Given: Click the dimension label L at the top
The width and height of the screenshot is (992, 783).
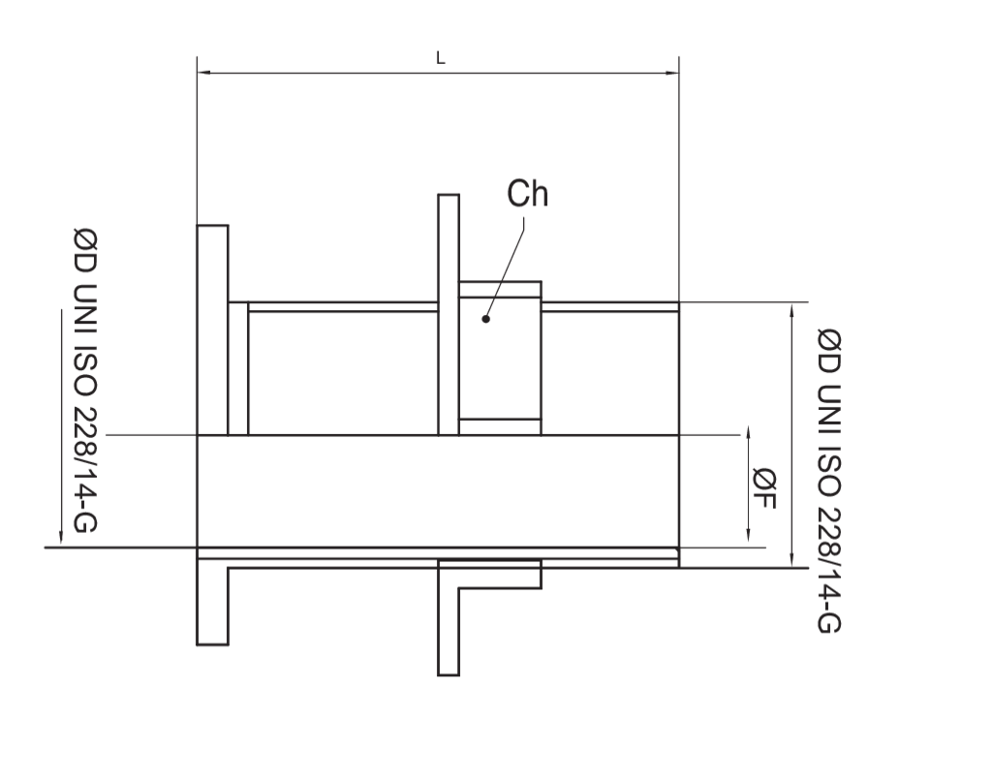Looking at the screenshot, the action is pos(441,59).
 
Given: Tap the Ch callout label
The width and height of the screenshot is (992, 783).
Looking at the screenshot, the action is pos(528,194).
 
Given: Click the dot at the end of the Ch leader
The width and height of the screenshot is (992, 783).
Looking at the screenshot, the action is pos(486,319).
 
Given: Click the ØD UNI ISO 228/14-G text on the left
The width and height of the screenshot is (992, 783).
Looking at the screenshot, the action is pos(85,380).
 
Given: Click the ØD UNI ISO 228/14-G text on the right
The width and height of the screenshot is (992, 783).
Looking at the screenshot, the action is pos(829,481).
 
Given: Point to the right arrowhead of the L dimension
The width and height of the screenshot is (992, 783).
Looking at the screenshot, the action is pos(671,73).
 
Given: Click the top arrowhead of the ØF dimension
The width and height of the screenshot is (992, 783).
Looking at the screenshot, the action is pos(749,433).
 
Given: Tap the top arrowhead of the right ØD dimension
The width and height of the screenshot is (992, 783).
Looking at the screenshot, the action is pos(792,311).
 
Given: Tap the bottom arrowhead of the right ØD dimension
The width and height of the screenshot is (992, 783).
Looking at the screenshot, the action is pos(792,559).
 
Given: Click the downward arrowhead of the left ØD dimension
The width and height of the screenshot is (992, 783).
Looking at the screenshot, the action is pos(61,536).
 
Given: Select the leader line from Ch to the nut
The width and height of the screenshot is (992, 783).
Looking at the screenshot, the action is pos(505,268).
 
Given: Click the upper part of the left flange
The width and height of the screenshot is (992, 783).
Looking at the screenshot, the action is pos(212,329).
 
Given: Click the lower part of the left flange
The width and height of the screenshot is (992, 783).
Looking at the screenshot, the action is pos(212,602).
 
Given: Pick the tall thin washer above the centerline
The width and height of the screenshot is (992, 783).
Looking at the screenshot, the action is pos(449,315).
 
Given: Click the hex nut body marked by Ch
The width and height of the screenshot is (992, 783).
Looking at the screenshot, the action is pos(500,359).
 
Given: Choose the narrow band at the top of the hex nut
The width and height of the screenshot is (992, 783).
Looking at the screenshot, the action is pos(500,290).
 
